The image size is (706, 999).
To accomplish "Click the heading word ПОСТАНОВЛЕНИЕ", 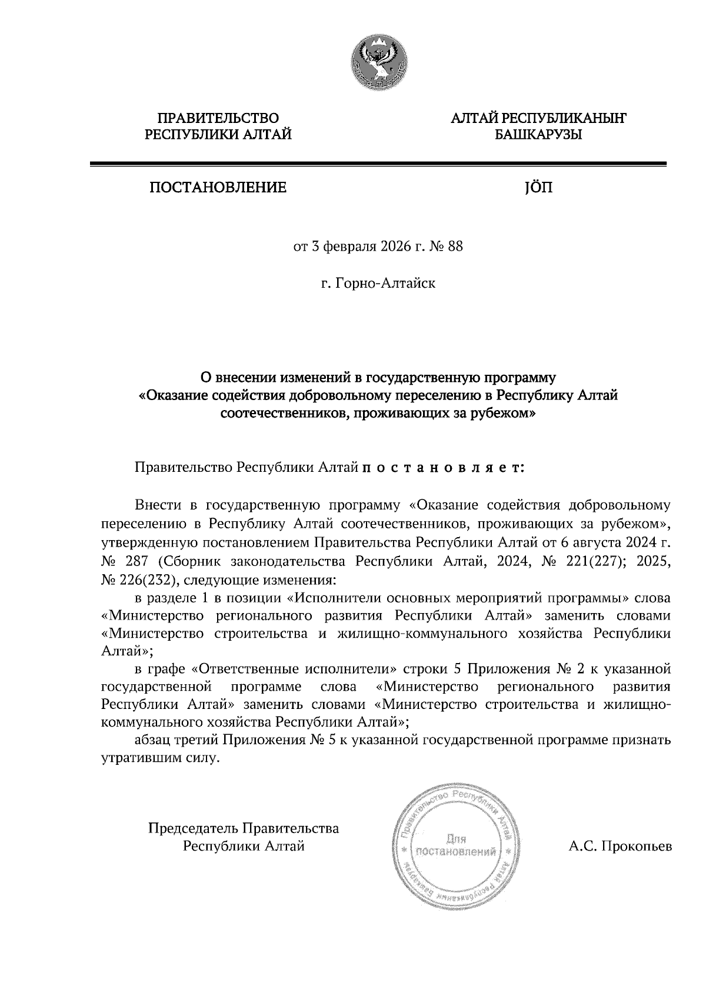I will [218, 188].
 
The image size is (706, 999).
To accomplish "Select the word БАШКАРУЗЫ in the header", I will [538, 135].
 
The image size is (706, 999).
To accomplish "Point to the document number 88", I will [455, 247].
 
